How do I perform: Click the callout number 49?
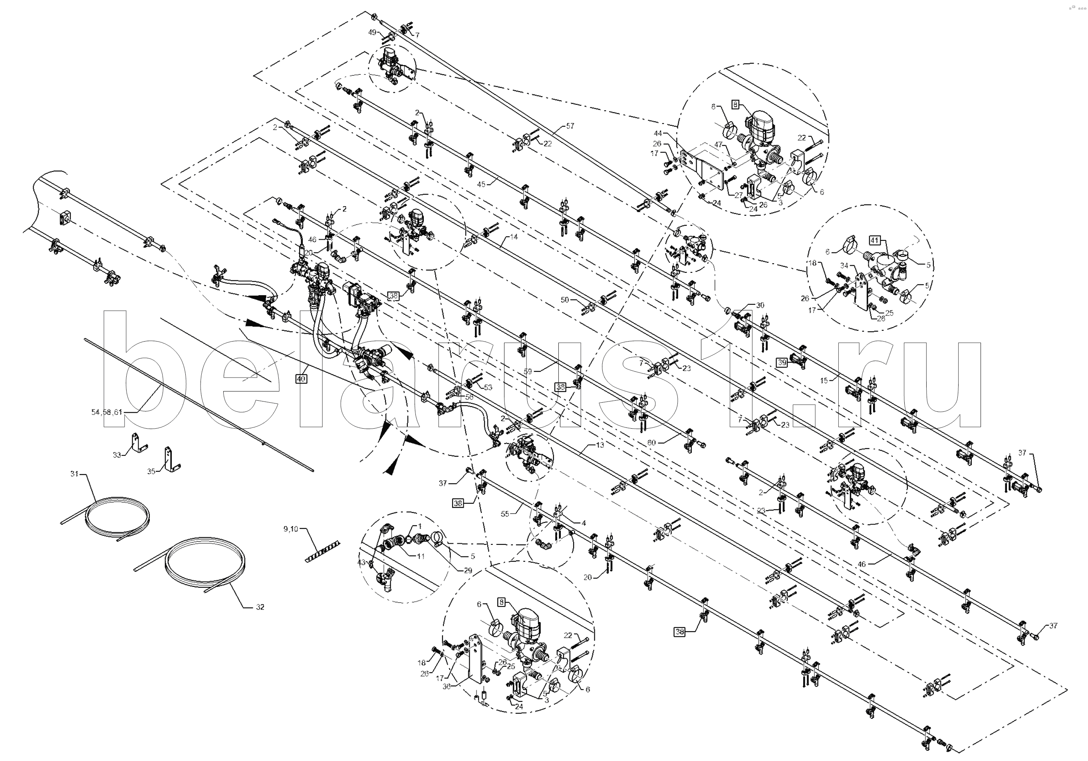pos(373,32)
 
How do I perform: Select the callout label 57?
pos(570,126)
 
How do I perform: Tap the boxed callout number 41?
pos(874,241)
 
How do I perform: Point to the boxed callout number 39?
pos(782,362)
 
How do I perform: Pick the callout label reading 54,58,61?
pos(107,412)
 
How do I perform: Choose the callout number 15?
pos(824,380)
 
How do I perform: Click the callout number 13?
pos(600,445)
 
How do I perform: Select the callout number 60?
pos(651,443)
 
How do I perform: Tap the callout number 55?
pos(505,513)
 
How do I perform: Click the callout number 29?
pos(468,570)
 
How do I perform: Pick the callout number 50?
pos(564,300)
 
